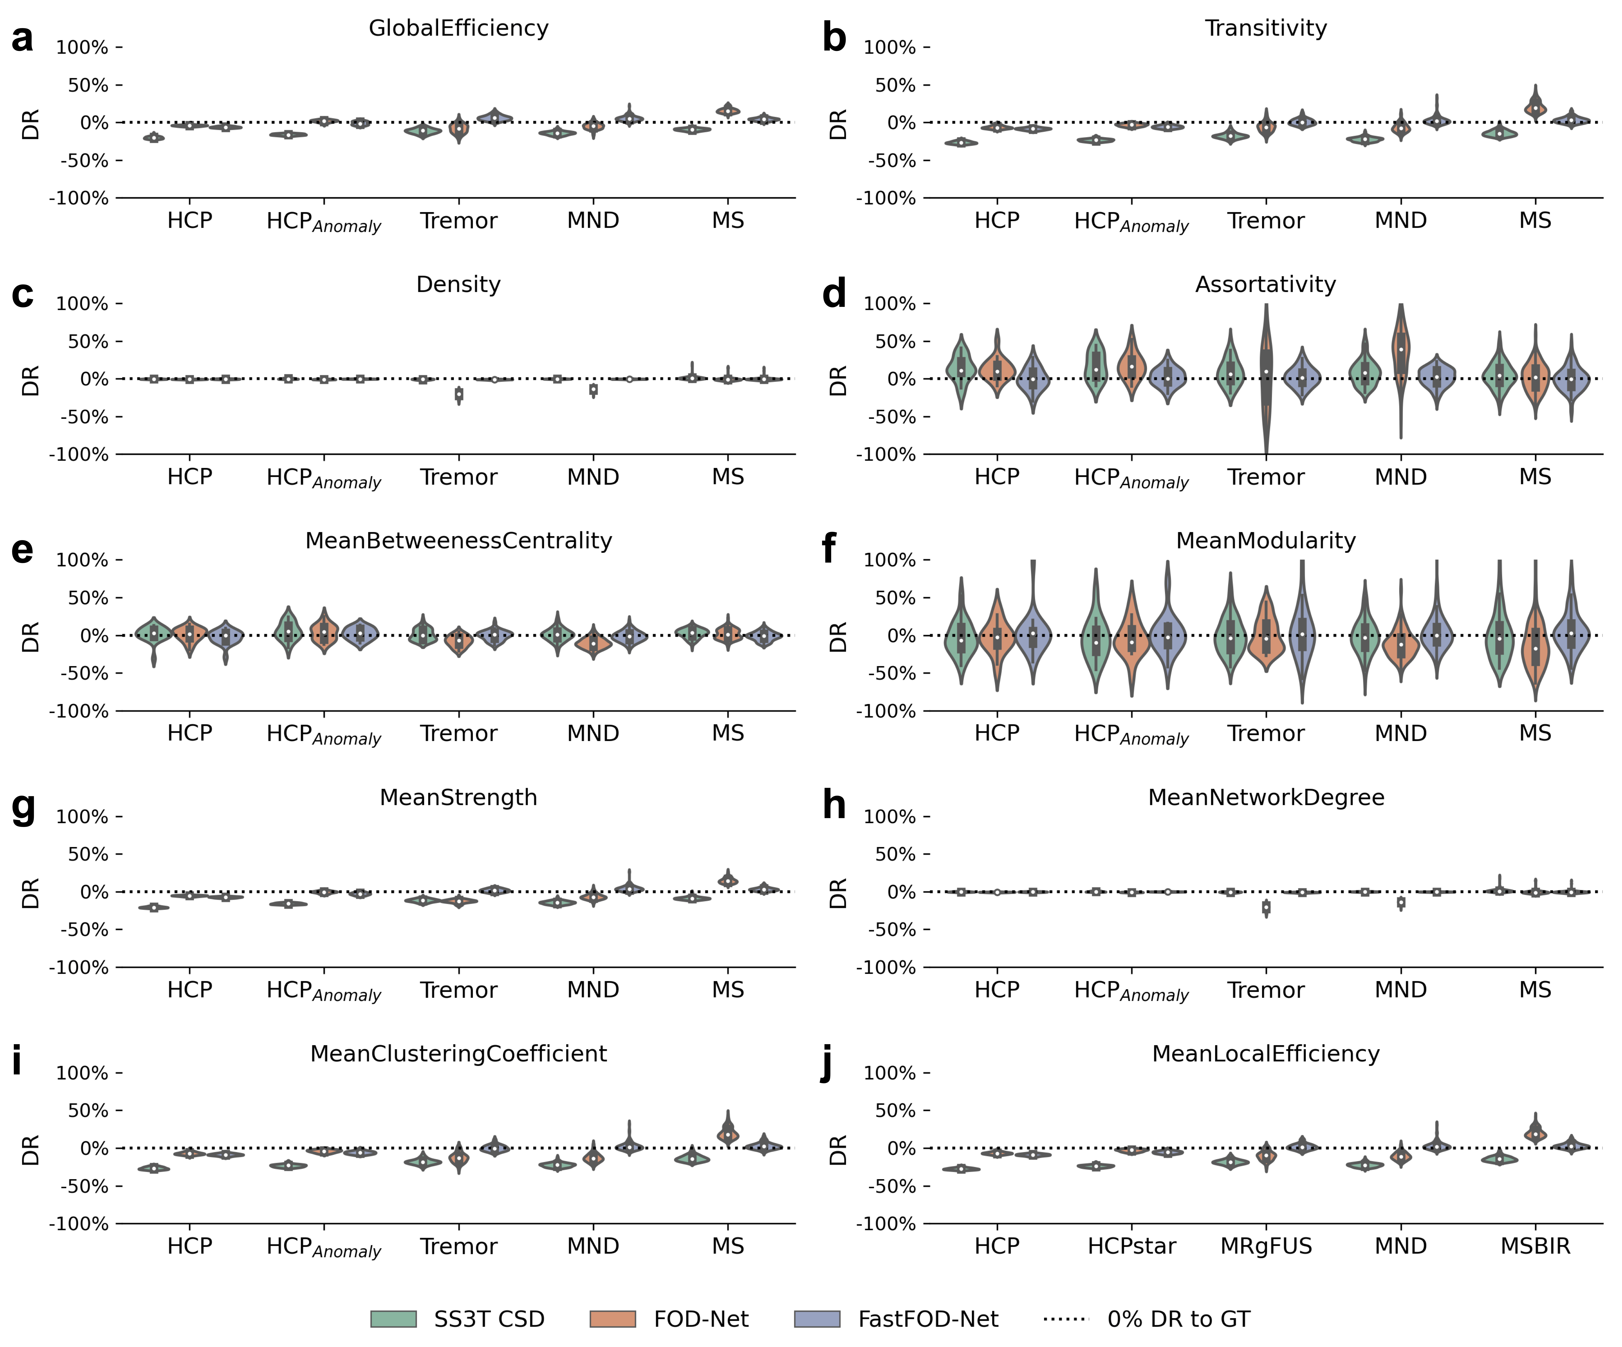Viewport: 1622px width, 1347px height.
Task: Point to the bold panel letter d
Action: tap(834, 294)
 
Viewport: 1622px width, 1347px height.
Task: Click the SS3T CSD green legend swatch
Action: tap(393, 1319)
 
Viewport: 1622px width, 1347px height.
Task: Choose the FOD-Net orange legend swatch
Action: tap(612, 1319)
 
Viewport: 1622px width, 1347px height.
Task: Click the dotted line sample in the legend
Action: tap(1066, 1319)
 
